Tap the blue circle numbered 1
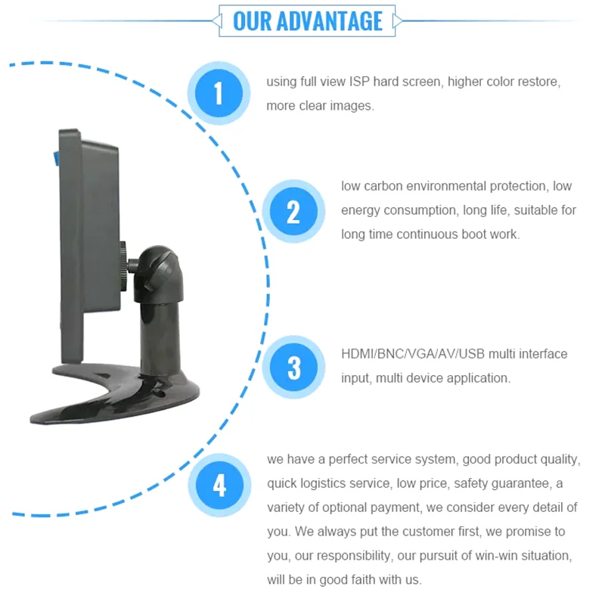pos(219,94)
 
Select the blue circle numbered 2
pos(293,212)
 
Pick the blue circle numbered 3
pos(293,368)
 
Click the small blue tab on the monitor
pos(56,158)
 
